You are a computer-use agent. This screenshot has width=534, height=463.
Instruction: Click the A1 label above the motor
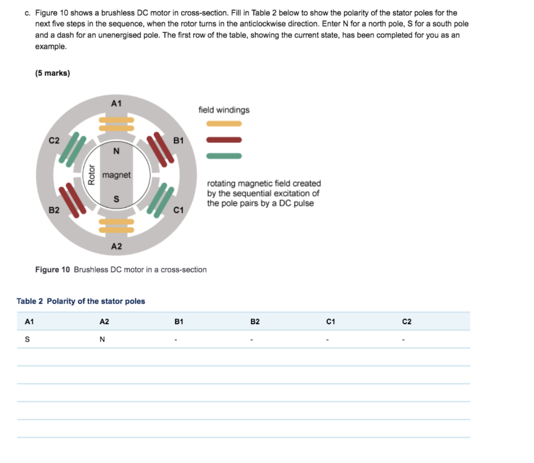click(x=116, y=103)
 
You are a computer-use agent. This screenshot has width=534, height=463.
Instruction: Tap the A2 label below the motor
click(x=116, y=246)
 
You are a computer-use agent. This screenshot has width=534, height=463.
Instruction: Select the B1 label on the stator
click(x=178, y=140)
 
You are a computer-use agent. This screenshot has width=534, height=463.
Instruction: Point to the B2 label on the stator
click(x=54, y=210)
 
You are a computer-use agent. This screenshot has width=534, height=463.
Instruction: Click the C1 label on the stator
click(x=178, y=210)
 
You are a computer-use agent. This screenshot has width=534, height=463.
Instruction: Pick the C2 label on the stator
click(x=54, y=140)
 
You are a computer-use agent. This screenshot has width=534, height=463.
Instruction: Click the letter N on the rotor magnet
click(x=116, y=151)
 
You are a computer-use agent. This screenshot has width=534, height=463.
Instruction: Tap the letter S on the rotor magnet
click(x=116, y=199)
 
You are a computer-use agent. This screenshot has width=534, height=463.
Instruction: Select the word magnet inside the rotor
click(x=116, y=175)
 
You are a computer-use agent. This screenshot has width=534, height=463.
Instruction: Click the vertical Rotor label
click(x=92, y=175)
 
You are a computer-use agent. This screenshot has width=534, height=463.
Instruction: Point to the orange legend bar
click(x=224, y=124)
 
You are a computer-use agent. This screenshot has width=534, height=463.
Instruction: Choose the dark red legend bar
click(x=224, y=140)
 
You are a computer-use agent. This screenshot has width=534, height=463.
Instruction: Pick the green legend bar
click(x=224, y=156)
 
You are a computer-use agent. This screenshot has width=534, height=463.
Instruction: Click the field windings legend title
click(x=224, y=110)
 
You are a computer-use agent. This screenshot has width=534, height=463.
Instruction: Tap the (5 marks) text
click(x=52, y=73)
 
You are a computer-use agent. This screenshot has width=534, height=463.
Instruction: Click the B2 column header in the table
click(x=255, y=322)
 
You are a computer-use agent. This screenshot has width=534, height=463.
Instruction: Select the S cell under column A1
click(x=27, y=340)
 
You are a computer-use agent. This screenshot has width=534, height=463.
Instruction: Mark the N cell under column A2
click(x=102, y=340)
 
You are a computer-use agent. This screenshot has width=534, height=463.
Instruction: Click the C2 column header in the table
click(x=407, y=322)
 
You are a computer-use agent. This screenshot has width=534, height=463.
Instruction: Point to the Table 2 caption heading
click(x=81, y=301)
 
